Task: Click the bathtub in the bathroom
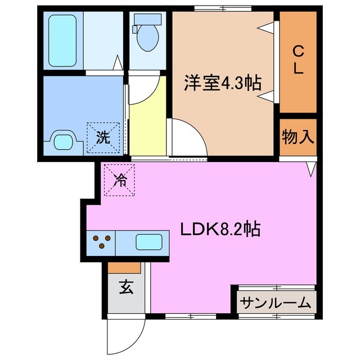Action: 63,39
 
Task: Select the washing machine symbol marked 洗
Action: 103,137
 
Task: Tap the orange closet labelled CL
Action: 298,62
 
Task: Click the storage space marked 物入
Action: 298,136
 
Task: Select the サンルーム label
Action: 276,303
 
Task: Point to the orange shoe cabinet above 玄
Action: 124,267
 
